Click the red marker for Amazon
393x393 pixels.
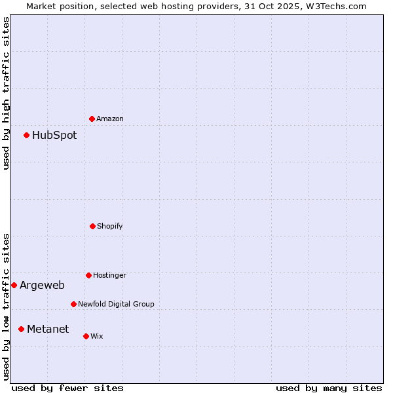(x=92, y=119)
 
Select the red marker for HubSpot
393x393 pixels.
(x=26, y=135)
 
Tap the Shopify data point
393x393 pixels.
(x=92, y=226)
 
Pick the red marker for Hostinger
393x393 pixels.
(x=88, y=275)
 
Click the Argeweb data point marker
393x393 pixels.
(x=14, y=285)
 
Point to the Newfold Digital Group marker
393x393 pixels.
(x=73, y=304)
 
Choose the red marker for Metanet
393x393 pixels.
(x=21, y=329)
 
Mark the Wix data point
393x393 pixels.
(x=86, y=336)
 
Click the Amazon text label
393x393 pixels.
(x=110, y=119)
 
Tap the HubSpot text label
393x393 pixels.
(x=54, y=136)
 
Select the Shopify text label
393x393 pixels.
(x=110, y=226)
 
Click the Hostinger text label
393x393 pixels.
(x=109, y=275)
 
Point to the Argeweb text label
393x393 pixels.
(x=42, y=286)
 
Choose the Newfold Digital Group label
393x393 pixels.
(x=116, y=304)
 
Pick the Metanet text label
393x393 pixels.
(x=48, y=329)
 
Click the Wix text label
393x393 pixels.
(x=97, y=336)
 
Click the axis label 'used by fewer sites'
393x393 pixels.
(x=67, y=388)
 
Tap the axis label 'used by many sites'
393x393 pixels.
(x=329, y=388)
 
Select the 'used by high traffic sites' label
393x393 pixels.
(x=6, y=93)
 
